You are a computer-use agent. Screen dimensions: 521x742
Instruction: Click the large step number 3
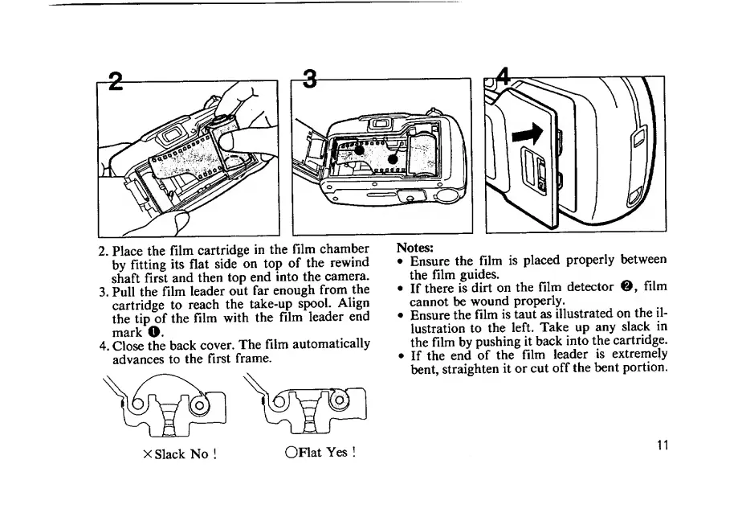tap(308, 80)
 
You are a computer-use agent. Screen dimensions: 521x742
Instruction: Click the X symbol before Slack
tap(147, 453)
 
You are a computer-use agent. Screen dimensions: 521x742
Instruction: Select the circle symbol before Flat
tap(291, 452)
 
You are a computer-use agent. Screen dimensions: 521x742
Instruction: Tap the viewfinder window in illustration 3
tap(378, 124)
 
